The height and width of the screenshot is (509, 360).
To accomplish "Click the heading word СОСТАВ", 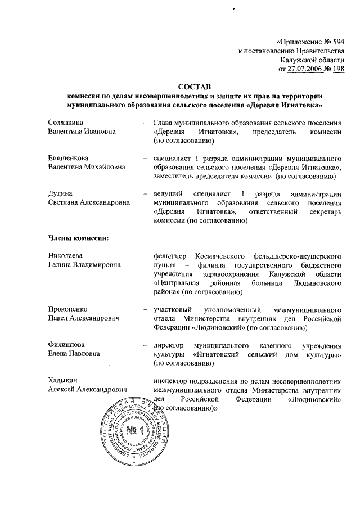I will (193, 87).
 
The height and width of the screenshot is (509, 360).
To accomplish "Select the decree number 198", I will (338, 69).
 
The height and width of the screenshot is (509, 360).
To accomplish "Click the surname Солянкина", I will (67, 122).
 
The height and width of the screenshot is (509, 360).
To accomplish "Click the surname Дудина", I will (61, 193).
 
